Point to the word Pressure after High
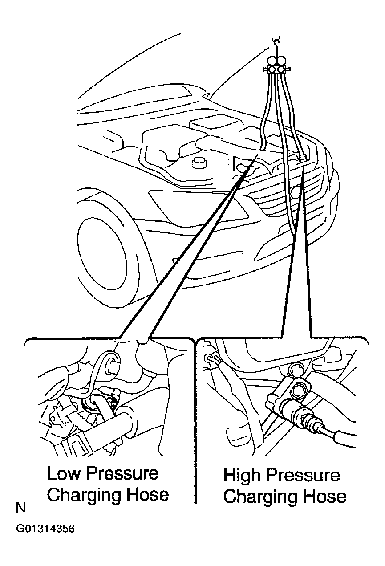click(x=303, y=475)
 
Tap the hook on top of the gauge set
click(x=277, y=44)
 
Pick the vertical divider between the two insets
click(x=195, y=421)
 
